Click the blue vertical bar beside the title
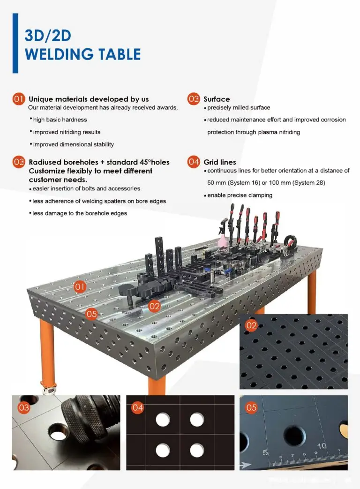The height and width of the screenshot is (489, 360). coord(15,43)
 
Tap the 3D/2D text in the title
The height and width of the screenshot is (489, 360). coord(48,36)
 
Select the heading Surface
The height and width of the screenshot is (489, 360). coord(217,99)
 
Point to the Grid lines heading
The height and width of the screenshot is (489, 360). coord(220,162)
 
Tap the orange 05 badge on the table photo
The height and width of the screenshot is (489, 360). coord(91,314)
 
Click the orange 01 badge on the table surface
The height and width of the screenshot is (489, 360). coord(80,286)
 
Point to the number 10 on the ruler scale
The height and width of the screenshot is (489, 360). coord(322,446)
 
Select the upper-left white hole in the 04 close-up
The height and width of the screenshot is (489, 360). coord(163,420)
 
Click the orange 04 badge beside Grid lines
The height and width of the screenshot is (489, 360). coord(194,162)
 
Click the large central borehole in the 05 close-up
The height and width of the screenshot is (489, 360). coord(294,434)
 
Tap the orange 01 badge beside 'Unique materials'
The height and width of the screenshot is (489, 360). coord(18,99)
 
